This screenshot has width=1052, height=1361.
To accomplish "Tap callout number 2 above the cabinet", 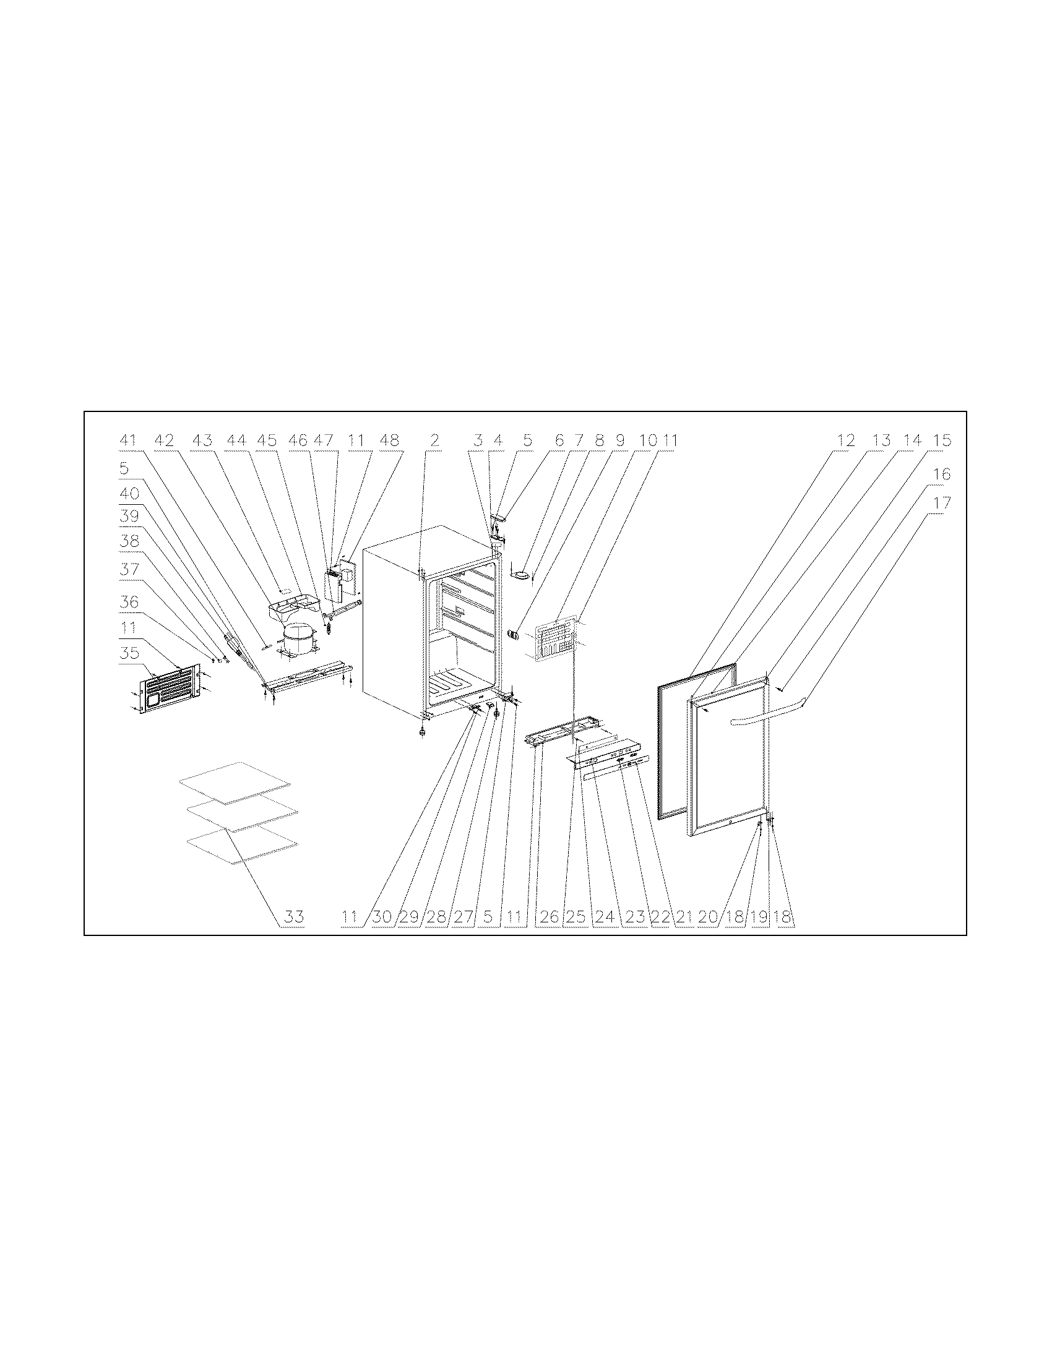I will coord(434,440).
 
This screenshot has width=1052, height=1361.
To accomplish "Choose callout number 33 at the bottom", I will coord(294,917).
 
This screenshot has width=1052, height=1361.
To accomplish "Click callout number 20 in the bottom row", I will coord(708,917).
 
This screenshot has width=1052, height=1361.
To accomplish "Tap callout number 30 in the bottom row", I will coord(381,917).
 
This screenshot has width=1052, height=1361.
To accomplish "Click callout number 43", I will coord(202,440).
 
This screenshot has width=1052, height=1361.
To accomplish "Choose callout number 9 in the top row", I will coord(620,440).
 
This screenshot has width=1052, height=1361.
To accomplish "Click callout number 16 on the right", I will coord(942,474).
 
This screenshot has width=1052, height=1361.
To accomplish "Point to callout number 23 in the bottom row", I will coord(634,917).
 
